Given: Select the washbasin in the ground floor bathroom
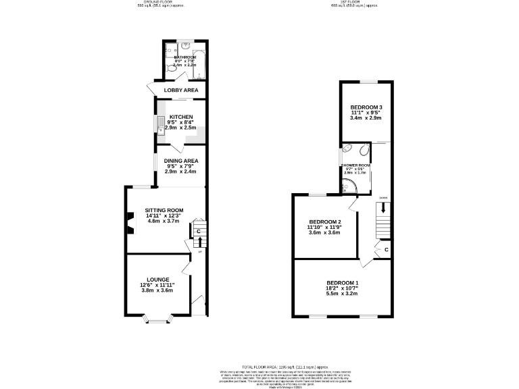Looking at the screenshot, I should coord(185,47).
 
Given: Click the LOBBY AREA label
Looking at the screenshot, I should coord(180,90).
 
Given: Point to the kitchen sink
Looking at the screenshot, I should coord(160,125).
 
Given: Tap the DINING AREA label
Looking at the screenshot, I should coord(180,160).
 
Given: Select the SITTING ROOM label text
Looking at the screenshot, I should coord(164,210).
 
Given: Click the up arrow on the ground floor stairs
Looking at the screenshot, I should coord(200,241).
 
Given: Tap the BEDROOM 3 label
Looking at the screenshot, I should coord(366,107).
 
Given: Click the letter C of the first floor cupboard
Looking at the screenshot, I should coord(386,250).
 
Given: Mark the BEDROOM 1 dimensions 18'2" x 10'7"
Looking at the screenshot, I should coord(342,288).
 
